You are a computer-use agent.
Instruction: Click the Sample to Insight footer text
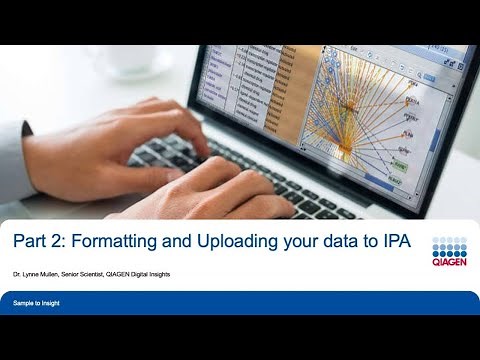point(36,302)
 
